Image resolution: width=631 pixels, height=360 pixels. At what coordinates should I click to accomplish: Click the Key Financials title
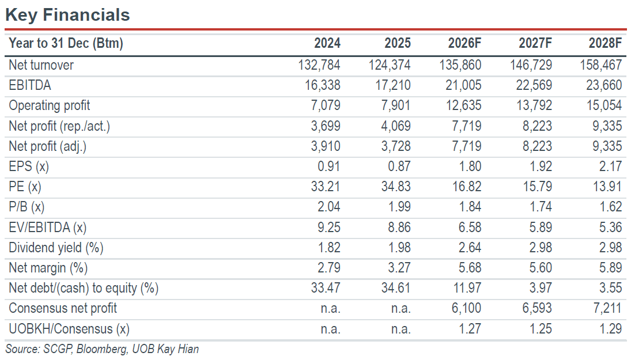67,15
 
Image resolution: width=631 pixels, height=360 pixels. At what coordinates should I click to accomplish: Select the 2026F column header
464,43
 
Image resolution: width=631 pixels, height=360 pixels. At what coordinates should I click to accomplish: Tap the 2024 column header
327,43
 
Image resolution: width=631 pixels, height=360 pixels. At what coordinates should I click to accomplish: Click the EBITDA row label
30,85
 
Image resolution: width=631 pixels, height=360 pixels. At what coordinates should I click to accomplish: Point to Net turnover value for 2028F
601,65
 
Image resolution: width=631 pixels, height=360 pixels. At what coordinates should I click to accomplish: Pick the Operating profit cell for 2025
395,105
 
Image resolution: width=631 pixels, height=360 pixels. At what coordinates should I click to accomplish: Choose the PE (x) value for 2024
326,187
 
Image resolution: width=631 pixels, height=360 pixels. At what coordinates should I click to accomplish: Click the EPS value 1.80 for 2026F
470,166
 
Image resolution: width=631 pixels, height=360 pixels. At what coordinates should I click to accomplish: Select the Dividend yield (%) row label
56,248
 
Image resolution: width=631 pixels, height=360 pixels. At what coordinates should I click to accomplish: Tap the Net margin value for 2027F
541,268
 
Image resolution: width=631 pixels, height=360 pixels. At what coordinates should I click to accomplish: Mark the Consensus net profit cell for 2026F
466,309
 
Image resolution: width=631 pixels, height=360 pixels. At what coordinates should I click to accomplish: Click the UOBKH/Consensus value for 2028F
611,329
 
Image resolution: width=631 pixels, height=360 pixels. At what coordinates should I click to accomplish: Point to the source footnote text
102,348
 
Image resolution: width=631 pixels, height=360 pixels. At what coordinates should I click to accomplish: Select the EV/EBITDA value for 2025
399,228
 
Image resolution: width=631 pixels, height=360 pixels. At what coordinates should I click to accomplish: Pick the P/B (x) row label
27,207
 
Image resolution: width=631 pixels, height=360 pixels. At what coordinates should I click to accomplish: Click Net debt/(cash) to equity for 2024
326,288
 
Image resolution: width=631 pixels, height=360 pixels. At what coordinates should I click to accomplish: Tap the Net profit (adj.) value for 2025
395,146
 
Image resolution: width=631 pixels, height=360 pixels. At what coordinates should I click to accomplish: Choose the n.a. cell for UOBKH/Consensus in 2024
330,329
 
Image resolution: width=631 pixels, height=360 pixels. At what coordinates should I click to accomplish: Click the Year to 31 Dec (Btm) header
66,43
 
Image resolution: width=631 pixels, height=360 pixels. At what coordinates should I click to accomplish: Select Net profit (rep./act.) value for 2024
326,126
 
